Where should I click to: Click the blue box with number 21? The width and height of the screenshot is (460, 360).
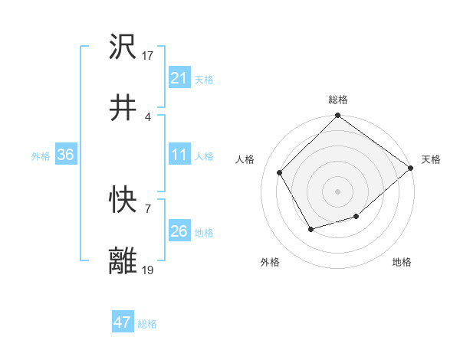tap(179, 78)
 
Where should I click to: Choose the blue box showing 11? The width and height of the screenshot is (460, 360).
tap(179, 155)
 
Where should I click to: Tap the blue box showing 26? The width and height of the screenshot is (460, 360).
tap(179, 231)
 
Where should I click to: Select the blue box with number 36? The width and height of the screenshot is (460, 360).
tap(66, 155)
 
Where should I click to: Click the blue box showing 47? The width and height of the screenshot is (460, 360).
tap(123, 322)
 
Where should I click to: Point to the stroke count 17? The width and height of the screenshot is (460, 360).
tap(148, 55)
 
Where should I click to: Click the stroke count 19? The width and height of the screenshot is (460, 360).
tap(148, 270)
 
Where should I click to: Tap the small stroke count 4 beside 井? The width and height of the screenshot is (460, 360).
tap(147, 116)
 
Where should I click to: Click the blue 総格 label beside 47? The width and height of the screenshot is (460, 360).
tap(148, 324)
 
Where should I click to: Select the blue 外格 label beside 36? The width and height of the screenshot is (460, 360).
tap(41, 155)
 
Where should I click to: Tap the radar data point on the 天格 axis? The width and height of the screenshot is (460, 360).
tap(411, 168)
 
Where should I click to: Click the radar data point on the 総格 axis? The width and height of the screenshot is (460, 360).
tap(337, 116)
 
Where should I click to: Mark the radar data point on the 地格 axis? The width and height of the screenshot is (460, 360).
tap(356, 217)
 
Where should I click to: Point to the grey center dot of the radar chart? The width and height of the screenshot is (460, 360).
tap(337, 191)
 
